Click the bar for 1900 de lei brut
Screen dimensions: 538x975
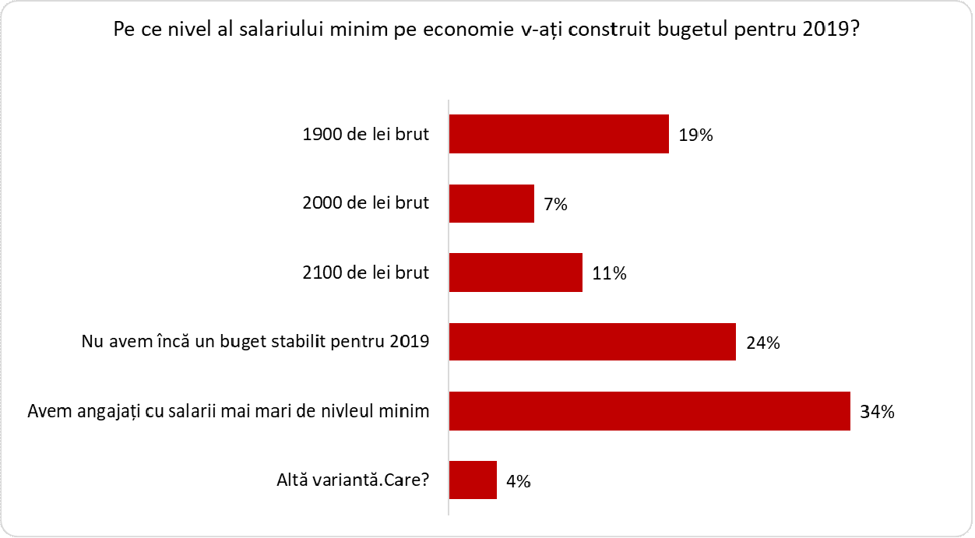tap(558, 134)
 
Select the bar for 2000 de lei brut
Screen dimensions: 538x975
tap(491, 203)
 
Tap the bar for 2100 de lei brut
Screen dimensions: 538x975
tap(516, 273)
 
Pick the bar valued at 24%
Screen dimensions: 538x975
tap(592, 342)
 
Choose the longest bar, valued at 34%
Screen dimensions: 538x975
tap(649, 411)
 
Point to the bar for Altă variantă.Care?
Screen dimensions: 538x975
tap(473, 480)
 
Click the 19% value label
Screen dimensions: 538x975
tap(695, 135)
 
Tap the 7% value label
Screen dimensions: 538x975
tap(554, 204)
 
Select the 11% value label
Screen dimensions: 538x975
tap(609, 273)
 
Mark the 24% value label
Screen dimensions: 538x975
tap(762, 343)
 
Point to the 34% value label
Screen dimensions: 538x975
tap(877, 412)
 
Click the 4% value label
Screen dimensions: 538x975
tap(518, 481)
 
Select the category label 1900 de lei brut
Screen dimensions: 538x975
tap(365, 134)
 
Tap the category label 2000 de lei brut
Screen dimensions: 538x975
tap(365, 203)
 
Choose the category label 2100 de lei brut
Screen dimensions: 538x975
tap(365, 273)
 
